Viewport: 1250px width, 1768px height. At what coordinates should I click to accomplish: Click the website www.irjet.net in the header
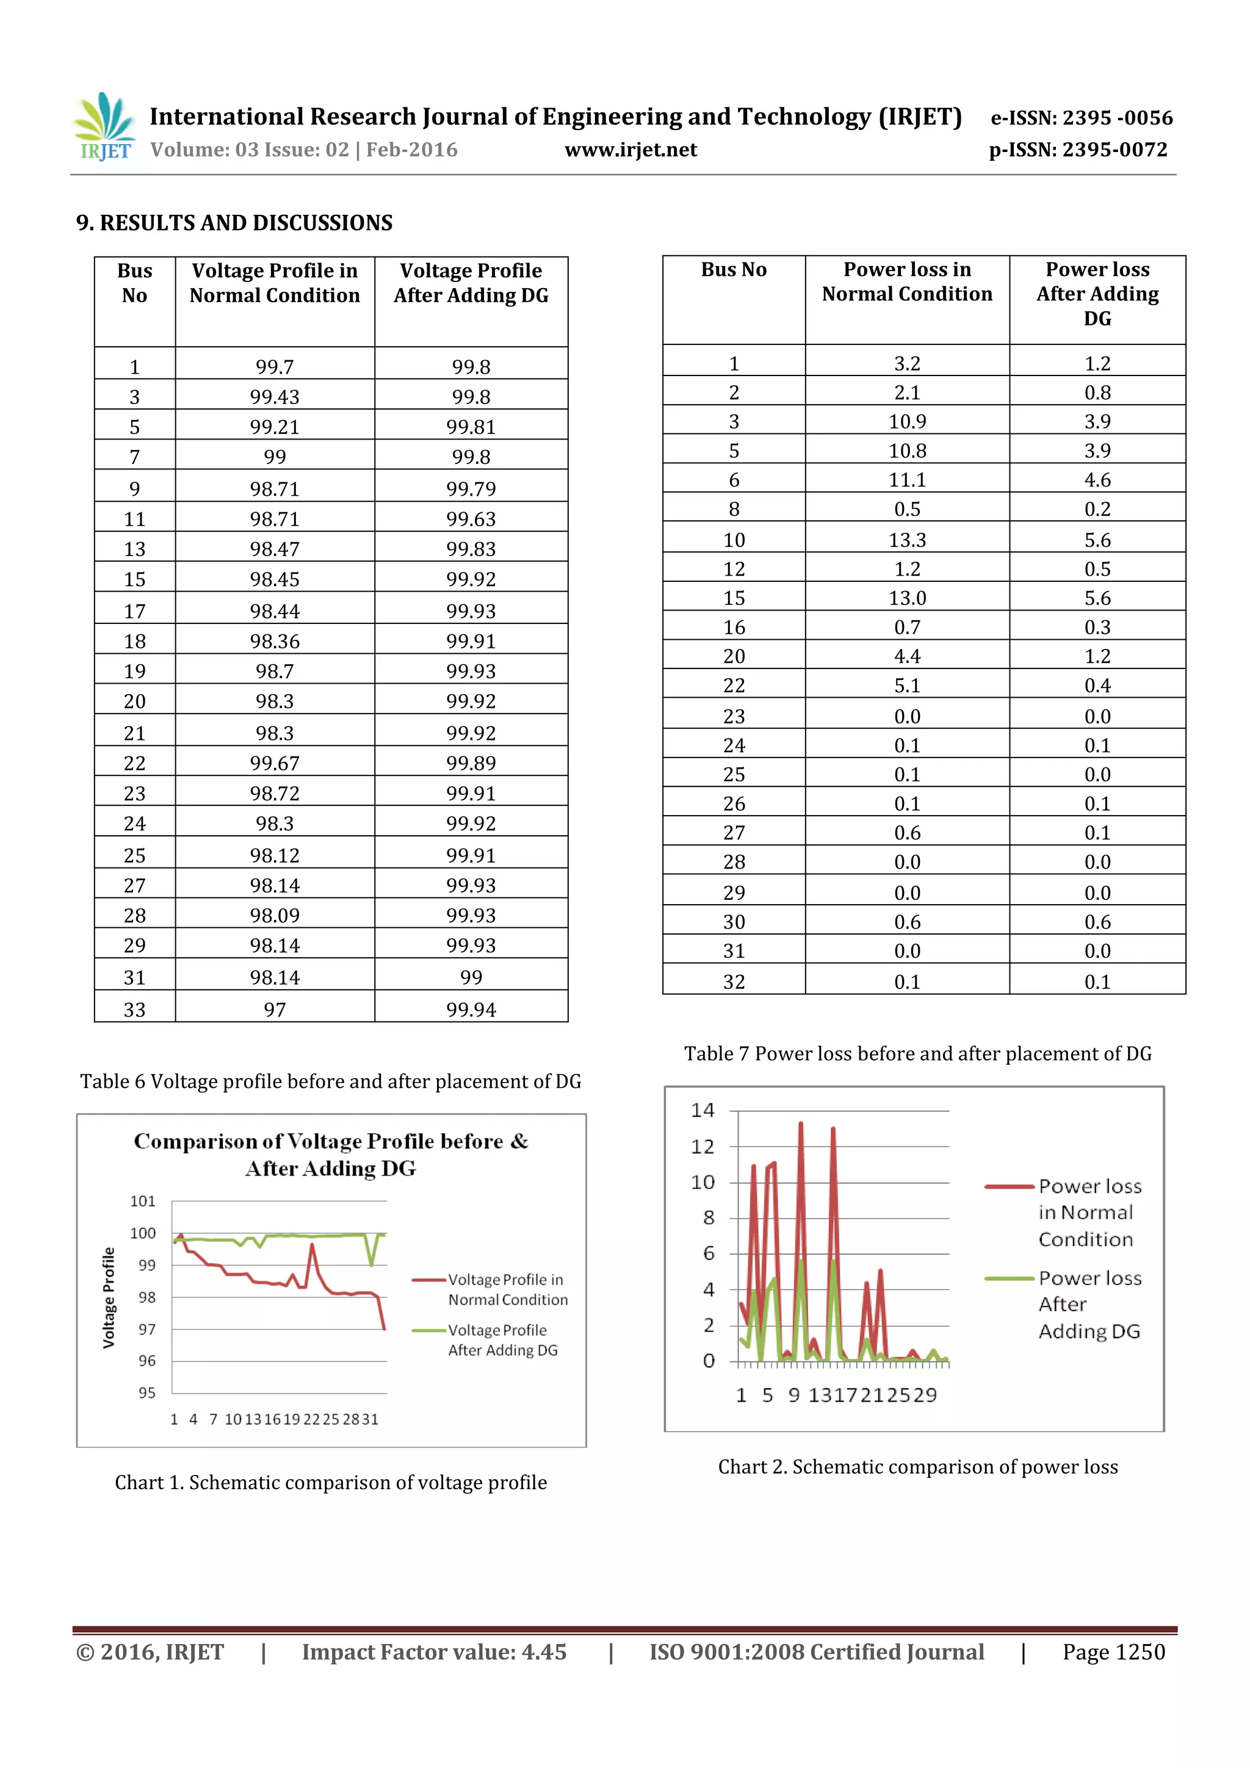click(630, 150)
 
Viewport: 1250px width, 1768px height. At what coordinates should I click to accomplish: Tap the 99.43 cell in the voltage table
click(275, 397)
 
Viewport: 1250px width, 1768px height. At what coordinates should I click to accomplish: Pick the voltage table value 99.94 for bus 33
click(471, 1010)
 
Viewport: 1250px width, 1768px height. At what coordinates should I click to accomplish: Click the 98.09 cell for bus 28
click(275, 916)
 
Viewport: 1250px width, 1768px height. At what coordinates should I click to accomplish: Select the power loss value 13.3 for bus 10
click(907, 540)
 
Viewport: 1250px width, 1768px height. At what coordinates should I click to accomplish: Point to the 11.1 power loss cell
click(907, 480)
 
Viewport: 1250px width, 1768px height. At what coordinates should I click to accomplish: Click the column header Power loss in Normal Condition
click(907, 282)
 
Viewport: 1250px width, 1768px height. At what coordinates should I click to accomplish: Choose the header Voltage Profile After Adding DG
click(471, 283)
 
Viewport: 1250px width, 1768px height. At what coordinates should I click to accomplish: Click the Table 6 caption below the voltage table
click(330, 1082)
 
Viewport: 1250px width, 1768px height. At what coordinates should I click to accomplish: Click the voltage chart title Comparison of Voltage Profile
click(331, 1154)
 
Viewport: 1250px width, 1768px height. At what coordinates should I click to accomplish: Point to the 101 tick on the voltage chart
click(143, 1201)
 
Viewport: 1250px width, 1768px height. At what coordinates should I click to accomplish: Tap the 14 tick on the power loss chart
click(703, 1110)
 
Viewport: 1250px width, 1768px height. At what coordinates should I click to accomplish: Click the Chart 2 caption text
click(917, 1467)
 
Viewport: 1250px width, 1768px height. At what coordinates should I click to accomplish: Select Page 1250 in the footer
click(1113, 1652)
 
